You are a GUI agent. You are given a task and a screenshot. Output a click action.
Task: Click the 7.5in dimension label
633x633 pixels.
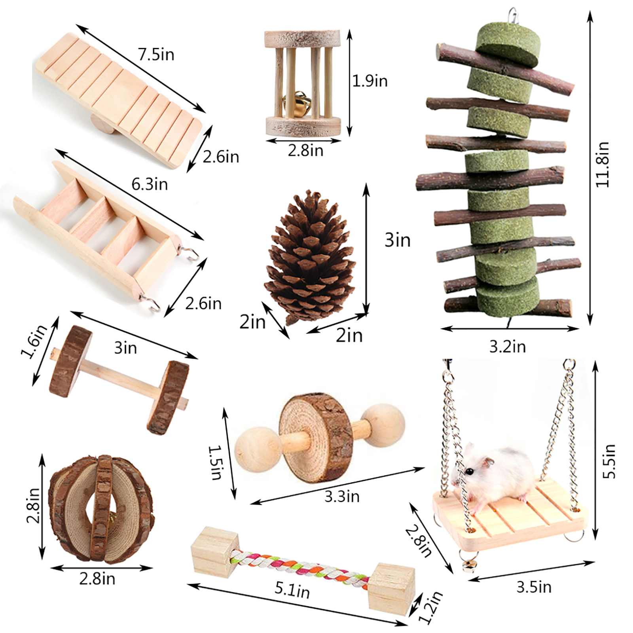(x=156, y=54)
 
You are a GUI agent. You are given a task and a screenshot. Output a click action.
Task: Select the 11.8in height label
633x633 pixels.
(x=603, y=164)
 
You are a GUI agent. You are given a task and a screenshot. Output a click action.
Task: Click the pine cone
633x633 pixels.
(x=311, y=257)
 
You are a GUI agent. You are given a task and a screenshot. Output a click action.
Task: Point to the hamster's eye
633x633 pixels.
(x=470, y=471)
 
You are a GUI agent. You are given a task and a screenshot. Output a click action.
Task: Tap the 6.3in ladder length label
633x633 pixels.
(x=150, y=184)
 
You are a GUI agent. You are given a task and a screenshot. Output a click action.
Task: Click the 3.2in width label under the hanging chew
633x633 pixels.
(x=508, y=347)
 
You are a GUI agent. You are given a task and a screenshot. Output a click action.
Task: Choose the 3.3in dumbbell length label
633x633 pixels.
(x=342, y=496)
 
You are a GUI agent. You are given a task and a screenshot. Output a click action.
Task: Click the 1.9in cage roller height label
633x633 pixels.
(x=370, y=81)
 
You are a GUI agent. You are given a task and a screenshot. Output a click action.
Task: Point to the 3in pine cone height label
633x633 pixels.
(x=398, y=240)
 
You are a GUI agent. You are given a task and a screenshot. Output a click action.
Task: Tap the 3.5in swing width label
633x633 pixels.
(x=534, y=587)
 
